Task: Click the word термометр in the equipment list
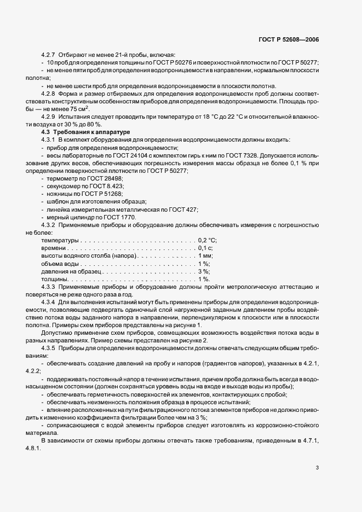click(63, 179)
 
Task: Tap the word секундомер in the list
click(65, 187)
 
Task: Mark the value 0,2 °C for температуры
click(207, 240)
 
